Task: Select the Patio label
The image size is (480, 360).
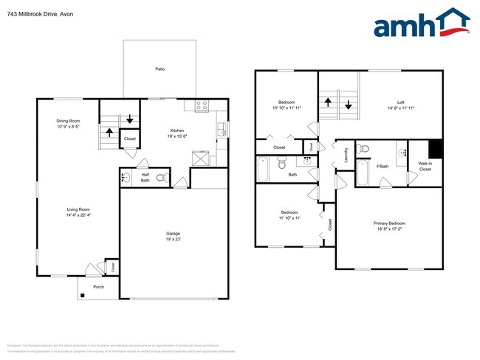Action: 160,69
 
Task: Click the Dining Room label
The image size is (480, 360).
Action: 68,123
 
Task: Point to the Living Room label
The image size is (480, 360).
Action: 68,213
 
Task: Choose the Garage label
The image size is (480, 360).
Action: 172,236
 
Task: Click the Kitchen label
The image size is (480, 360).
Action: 177,133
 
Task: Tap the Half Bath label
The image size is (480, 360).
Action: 145,177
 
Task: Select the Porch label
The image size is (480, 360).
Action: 98,287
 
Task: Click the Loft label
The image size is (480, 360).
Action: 400,105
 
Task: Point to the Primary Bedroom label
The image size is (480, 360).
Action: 391,226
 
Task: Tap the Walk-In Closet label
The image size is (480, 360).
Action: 425,166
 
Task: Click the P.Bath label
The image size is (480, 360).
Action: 383,167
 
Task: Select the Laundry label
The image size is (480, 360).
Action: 346,156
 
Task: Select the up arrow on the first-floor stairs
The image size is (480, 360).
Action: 109,133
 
